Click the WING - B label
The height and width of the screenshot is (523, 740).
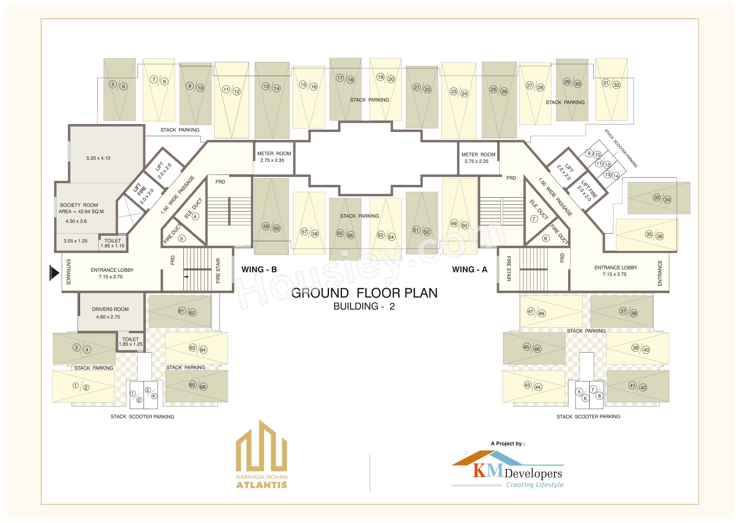click(x=259, y=269)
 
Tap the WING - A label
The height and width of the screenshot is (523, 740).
click(x=469, y=269)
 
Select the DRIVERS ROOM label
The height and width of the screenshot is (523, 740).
click(x=110, y=309)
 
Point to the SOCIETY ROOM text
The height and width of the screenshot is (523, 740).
click(x=79, y=205)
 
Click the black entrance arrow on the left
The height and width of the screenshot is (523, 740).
click(x=54, y=273)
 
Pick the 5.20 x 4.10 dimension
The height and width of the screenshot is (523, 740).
click(x=98, y=158)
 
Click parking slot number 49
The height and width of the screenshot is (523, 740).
click(x=454, y=223)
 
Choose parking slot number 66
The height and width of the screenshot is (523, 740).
click(x=203, y=387)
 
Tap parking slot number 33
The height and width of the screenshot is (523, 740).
click(x=657, y=197)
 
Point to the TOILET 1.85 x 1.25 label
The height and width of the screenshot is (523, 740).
click(x=131, y=342)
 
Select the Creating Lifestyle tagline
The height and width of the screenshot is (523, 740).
click(x=535, y=485)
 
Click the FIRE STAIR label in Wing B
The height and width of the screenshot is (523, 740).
click(x=218, y=271)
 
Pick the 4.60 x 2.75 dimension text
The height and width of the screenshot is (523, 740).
click(x=108, y=317)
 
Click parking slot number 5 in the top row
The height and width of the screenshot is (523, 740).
click(x=113, y=85)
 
